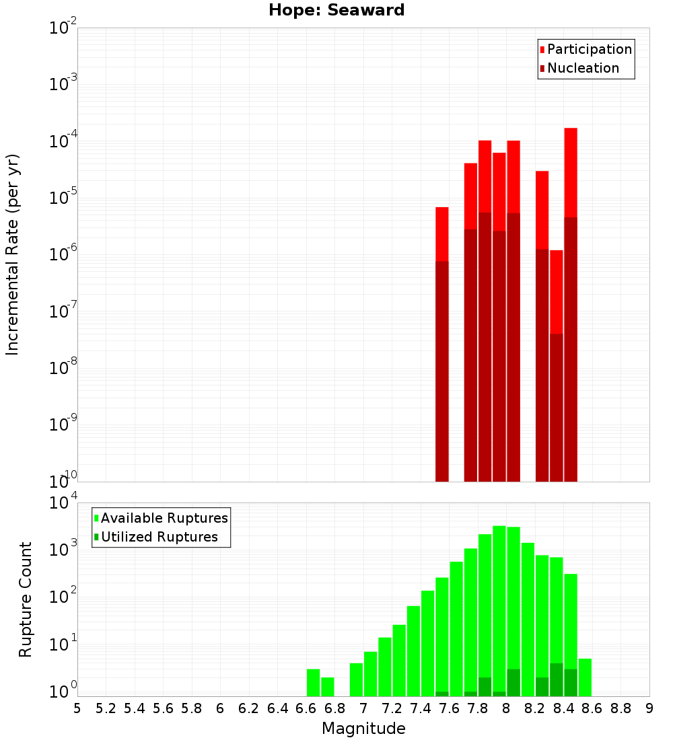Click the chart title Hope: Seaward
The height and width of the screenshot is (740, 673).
tap(336, 10)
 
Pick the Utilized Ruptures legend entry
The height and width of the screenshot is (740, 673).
tap(159, 537)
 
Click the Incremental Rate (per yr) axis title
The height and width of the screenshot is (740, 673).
tap(13, 255)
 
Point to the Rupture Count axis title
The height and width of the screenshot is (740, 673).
tap(26, 599)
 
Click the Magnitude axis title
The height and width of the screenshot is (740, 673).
tap(363, 729)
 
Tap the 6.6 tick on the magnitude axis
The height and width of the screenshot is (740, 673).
tap(306, 708)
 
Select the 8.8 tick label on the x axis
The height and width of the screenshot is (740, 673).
tap(621, 708)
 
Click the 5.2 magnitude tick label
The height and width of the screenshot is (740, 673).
tap(106, 708)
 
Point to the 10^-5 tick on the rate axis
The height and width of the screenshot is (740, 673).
tap(63, 198)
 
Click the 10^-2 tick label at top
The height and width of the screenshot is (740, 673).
tap(63, 28)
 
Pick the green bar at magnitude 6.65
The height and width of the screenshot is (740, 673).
tap(313, 682)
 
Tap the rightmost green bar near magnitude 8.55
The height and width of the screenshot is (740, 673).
tap(585, 677)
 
